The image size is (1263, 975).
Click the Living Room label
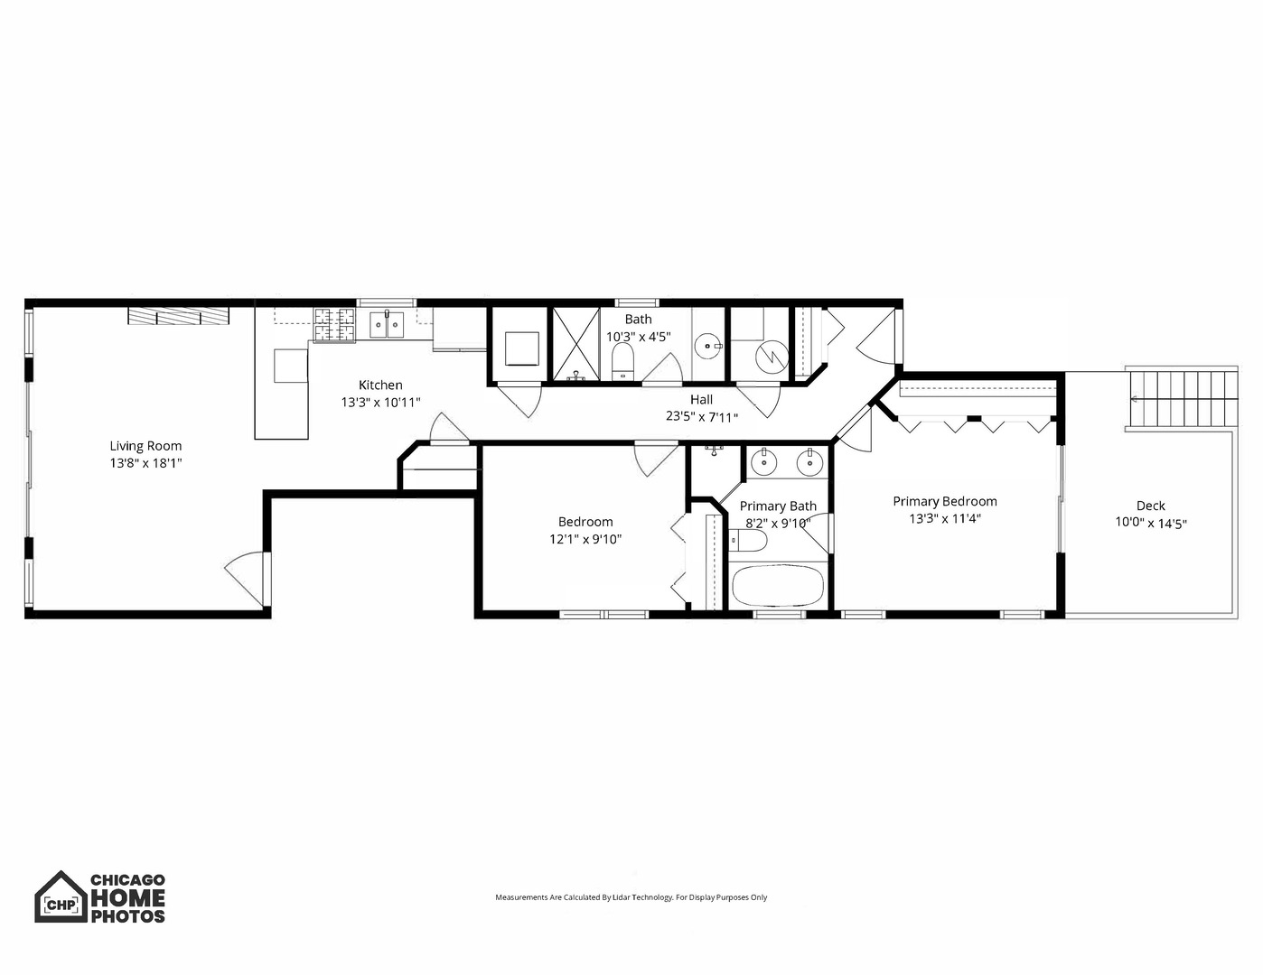pos(145,445)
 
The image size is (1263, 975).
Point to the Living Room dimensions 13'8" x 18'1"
pos(145,462)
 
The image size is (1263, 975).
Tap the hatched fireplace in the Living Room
pos(178,315)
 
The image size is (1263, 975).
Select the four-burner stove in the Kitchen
pos(334,325)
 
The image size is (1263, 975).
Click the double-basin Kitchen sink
pos(388,324)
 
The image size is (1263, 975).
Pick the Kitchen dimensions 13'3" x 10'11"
pos(380,403)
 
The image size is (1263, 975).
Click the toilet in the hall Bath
pos(623,364)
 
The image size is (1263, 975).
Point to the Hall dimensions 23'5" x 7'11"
pos(702,417)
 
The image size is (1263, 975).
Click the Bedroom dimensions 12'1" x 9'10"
pos(585,539)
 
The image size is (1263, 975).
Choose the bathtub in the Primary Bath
pos(777,586)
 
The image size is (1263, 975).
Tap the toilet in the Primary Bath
pos(749,540)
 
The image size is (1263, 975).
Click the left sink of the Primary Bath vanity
pos(764,462)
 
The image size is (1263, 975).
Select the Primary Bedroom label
pos(945,501)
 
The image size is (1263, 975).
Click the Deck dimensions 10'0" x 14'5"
pos(1150,523)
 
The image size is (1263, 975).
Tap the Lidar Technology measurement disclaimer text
pos(631,897)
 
